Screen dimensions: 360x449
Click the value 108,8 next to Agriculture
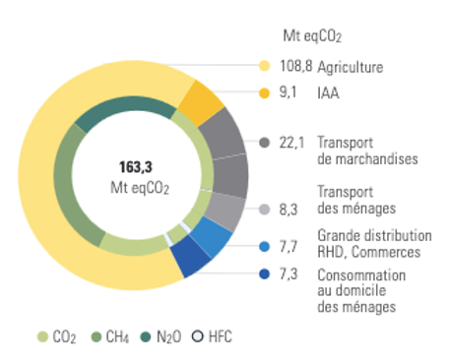pyautogui.click(x=297, y=68)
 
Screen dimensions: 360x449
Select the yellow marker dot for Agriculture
pyautogui.click(x=264, y=68)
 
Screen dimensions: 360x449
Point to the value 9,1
pyautogui.click(x=289, y=95)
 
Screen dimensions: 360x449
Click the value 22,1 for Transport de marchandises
pyautogui.click(x=293, y=143)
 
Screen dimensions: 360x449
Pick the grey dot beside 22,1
pyautogui.click(x=264, y=143)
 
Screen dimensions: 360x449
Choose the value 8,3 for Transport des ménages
pyautogui.click(x=289, y=210)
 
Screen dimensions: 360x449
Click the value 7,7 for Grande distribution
pyautogui.click(x=289, y=246)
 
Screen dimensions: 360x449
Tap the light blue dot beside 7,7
pyautogui.click(x=264, y=246)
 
